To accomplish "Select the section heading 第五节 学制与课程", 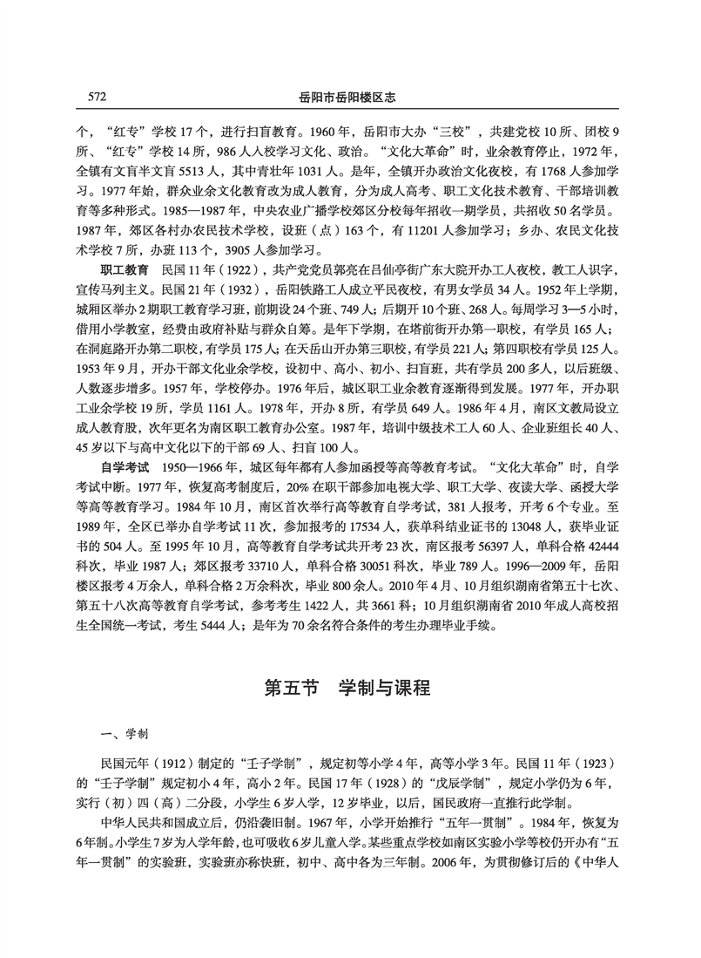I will [x=348, y=686].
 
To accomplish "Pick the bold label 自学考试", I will [x=125, y=467].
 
